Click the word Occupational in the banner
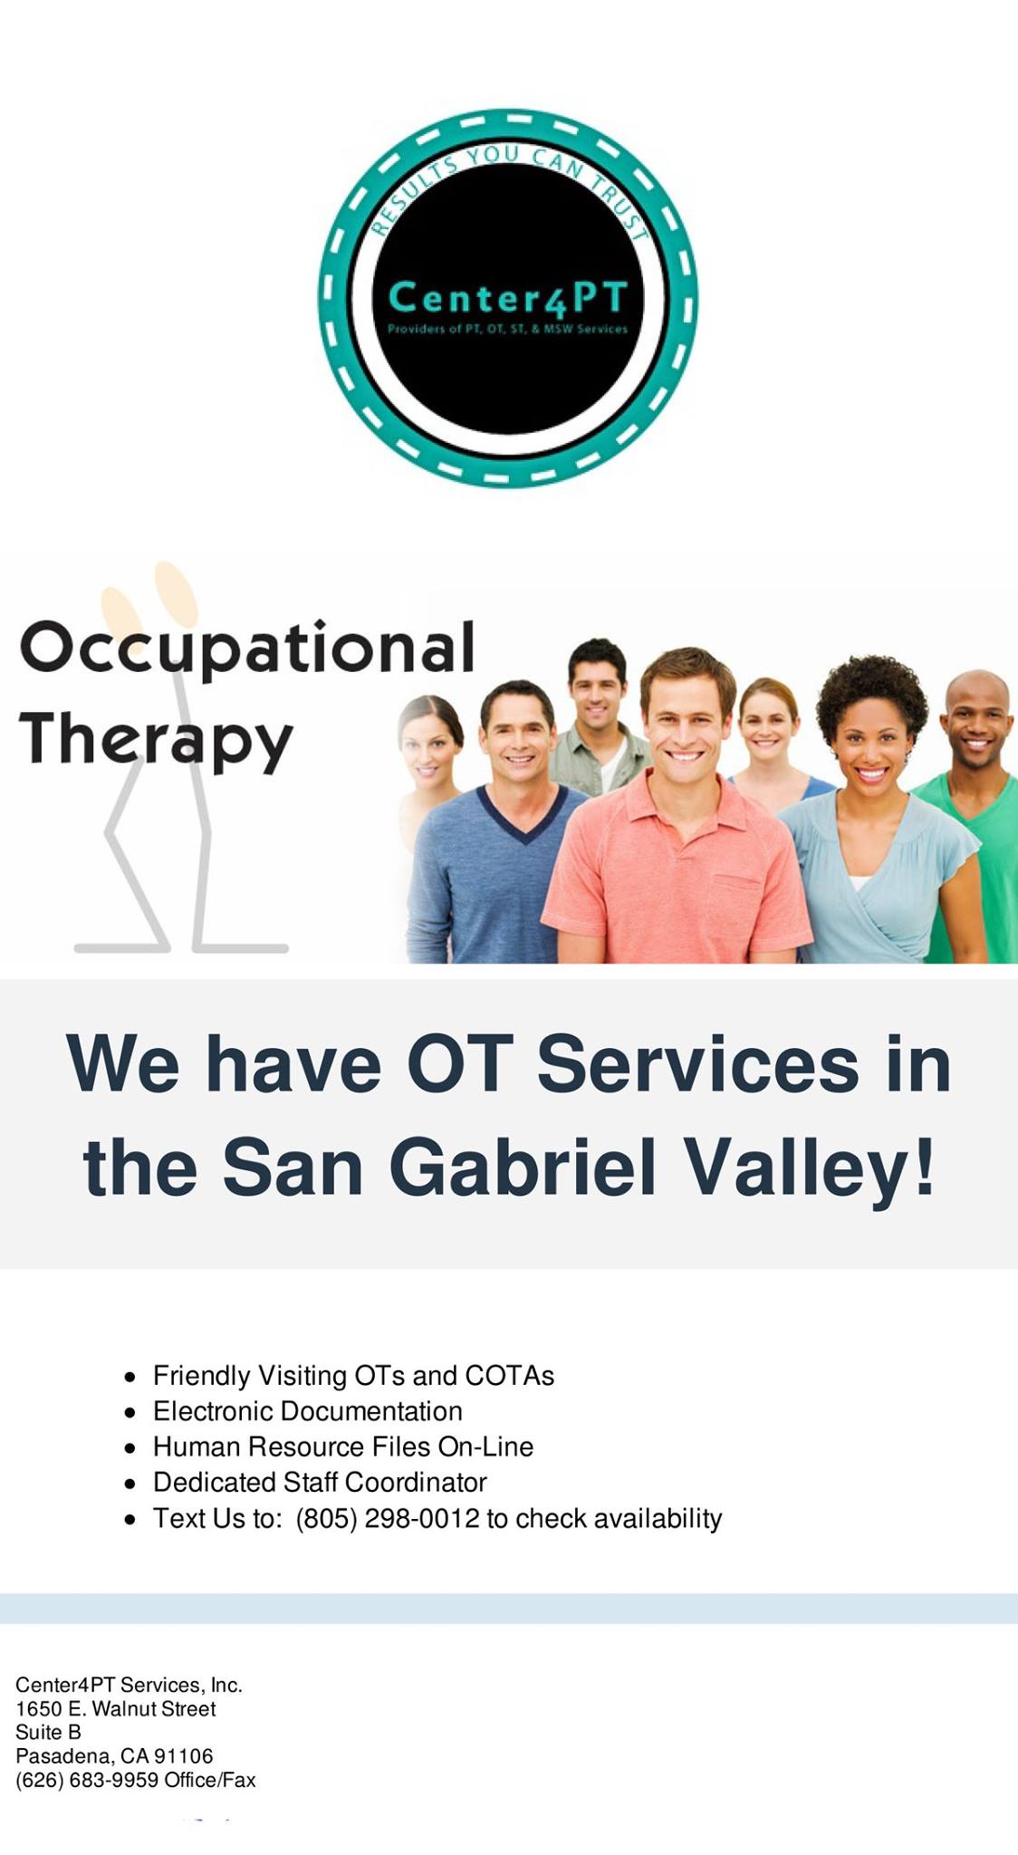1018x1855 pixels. pyautogui.click(x=246, y=649)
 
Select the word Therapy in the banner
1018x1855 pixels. pyautogui.click(x=156, y=740)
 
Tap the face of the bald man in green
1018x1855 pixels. pyautogui.click(x=977, y=726)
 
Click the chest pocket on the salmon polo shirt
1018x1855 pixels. pyautogui.click(x=739, y=896)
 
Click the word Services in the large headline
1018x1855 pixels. pyautogui.click(x=697, y=1063)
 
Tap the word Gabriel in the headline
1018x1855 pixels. pyautogui.click(x=522, y=1168)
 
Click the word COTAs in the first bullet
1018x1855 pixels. pyautogui.click(x=509, y=1376)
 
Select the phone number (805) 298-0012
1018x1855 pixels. pyautogui.click(x=388, y=1518)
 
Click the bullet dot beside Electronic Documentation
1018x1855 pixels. pyautogui.click(x=131, y=1412)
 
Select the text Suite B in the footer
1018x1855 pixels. pyautogui.click(x=48, y=1732)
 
